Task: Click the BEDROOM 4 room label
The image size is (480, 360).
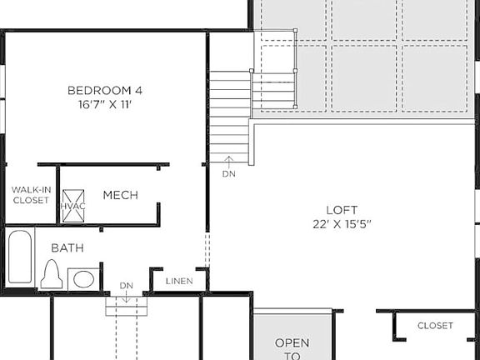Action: pos(100,90)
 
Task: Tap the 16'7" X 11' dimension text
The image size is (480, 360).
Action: pos(100,106)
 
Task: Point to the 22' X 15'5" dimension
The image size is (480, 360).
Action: pos(341,225)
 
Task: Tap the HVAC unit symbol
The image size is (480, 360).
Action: pos(71,205)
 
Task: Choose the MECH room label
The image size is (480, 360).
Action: pos(120,195)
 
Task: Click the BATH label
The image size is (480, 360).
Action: pos(67,247)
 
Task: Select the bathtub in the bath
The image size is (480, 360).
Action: pos(20,258)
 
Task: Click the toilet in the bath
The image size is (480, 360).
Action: pos(52,274)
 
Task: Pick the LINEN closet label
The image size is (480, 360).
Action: pos(178,281)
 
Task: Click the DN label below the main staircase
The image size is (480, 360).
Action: pos(228,175)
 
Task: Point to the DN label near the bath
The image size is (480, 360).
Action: pos(126,286)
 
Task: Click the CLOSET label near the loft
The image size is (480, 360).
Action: pos(435,326)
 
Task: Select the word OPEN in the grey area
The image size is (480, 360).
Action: pos(292,342)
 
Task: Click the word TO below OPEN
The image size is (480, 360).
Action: pos(292,356)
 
